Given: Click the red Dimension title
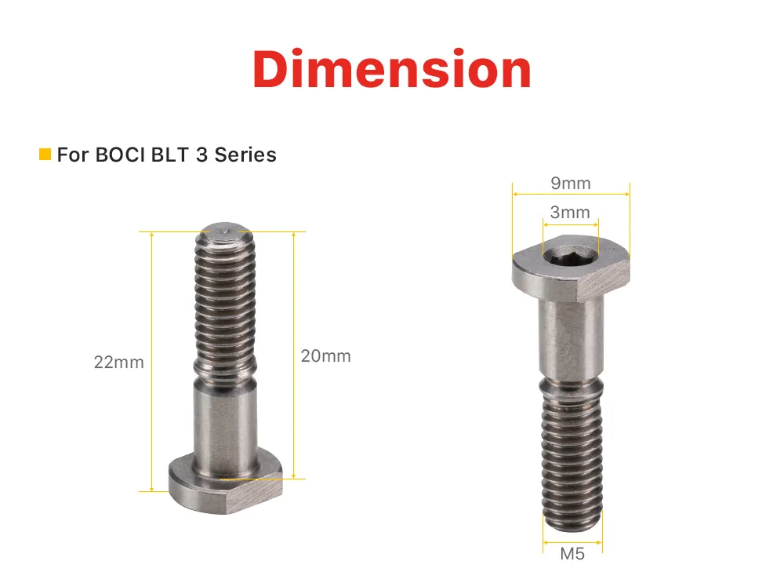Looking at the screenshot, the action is (x=391, y=69).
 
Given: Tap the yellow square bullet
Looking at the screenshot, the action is (x=45, y=155).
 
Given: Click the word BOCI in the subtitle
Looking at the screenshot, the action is (x=119, y=155).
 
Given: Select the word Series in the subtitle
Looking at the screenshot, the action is (x=245, y=155).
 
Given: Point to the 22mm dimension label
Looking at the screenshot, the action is (x=118, y=362).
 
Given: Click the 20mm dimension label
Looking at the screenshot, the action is (x=325, y=355).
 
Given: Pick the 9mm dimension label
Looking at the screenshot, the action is (x=571, y=183).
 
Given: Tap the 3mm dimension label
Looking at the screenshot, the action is (x=570, y=212).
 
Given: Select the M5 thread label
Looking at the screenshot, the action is (x=572, y=553).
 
